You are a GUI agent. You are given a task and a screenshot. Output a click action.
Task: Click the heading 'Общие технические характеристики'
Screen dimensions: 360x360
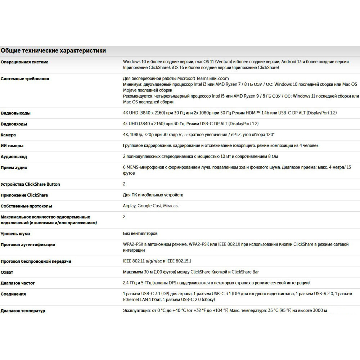point(53,51)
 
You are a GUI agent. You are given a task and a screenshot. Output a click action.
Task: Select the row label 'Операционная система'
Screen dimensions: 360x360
point(24,62)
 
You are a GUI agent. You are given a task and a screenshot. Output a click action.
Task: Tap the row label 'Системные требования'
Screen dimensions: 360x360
point(25,78)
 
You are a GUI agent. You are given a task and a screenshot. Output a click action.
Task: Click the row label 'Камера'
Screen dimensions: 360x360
point(8,135)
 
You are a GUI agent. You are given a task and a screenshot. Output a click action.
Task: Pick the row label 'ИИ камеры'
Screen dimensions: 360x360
point(12,146)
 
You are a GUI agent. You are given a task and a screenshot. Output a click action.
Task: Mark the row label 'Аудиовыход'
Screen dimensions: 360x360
point(14,157)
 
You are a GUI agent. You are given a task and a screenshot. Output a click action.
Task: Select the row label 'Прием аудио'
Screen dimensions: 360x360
point(14,167)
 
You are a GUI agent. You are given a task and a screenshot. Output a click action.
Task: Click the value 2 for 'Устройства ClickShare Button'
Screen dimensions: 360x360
point(124,184)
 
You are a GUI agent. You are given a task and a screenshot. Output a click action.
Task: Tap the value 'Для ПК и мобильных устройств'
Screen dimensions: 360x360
point(153,195)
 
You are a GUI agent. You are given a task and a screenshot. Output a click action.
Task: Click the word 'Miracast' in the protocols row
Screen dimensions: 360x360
point(171,206)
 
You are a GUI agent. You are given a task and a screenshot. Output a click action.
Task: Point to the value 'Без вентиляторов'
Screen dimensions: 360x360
point(140,234)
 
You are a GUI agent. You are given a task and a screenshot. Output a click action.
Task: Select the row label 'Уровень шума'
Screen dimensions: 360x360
point(15,234)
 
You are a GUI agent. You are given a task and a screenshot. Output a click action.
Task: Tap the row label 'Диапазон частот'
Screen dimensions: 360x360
point(18,283)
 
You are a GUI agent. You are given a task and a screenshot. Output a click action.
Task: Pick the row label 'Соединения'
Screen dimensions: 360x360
point(13,294)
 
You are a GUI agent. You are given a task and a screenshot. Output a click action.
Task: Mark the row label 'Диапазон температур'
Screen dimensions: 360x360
point(23,311)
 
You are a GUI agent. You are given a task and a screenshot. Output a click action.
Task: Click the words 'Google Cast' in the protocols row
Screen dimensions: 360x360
point(149,206)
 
